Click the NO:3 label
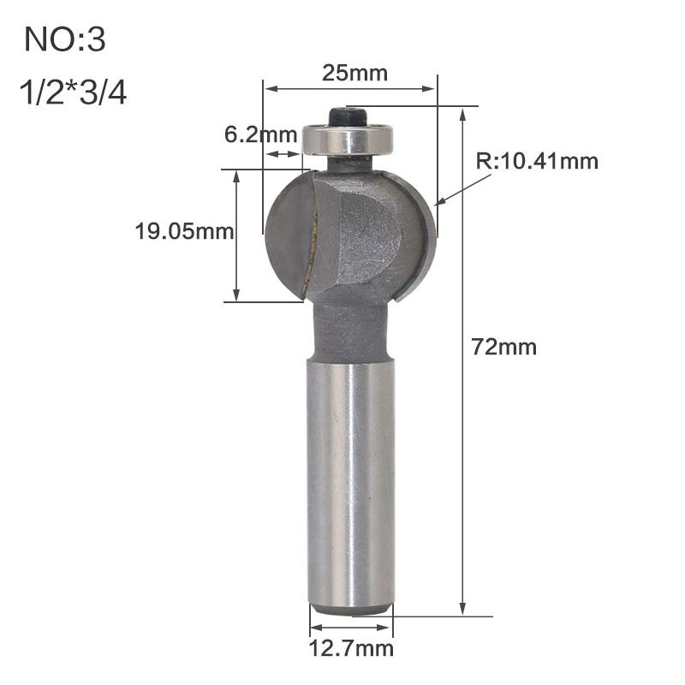(65, 39)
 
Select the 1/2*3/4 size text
(73, 92)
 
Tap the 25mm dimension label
(354, 73)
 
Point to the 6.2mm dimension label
(261, 134)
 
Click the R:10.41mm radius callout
(537, 161)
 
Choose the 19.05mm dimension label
(184, 231)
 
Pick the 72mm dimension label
(504, 348)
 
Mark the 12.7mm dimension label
(351, 648)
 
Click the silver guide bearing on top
(348, 139)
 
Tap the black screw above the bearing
(348, 116)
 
